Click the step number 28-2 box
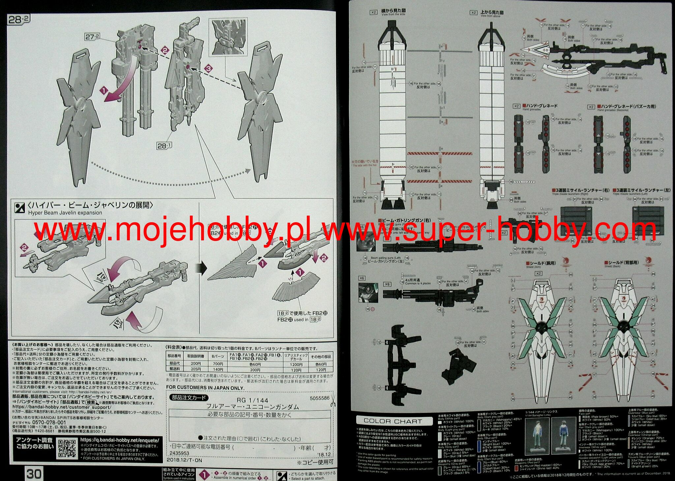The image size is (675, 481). [x=18, y=19]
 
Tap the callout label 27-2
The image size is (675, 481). [x=92, y=37]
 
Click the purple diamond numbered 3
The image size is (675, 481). [x=208, y=69]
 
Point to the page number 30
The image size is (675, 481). [x=34, y=474]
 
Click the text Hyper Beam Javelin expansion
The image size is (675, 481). [x=65, y=213]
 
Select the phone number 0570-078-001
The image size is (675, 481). [x=48, y=422]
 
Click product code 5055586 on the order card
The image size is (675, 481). [x=319, y=398]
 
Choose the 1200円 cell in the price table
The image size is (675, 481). [x=296, y=365]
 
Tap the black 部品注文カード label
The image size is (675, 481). [x=189, y=398]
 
